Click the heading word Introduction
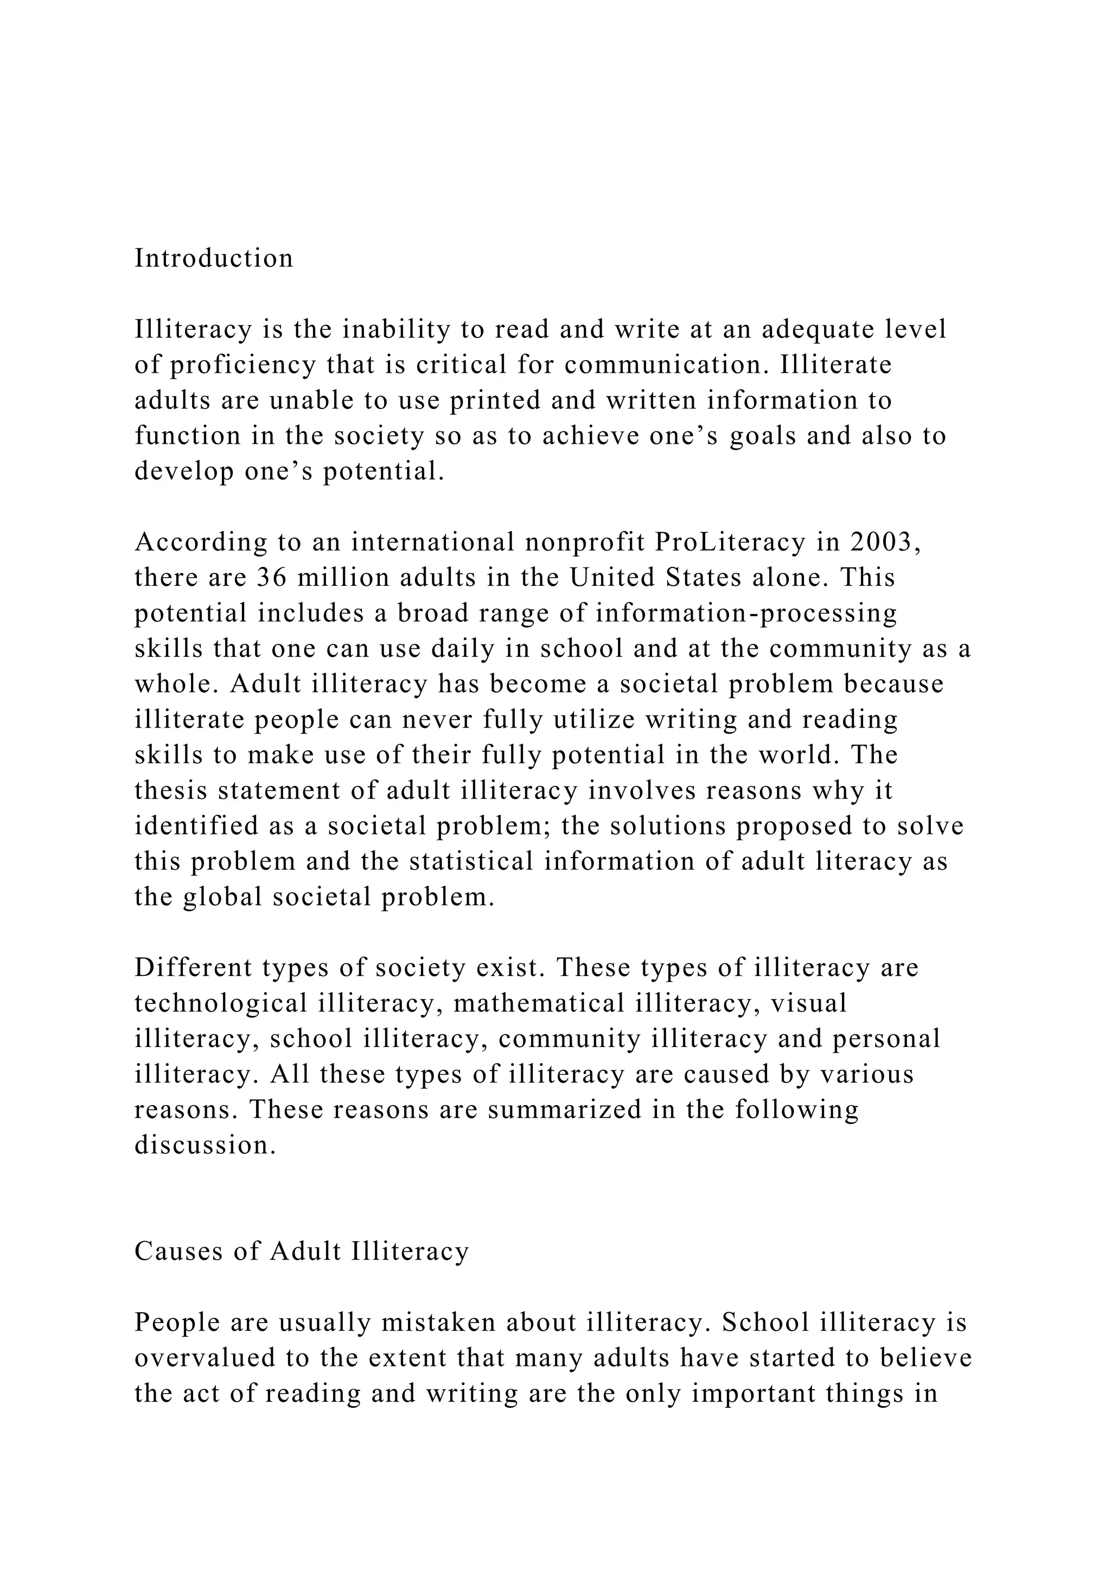click(213, 259)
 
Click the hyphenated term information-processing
click(746, 614)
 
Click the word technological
click(221, 1004)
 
